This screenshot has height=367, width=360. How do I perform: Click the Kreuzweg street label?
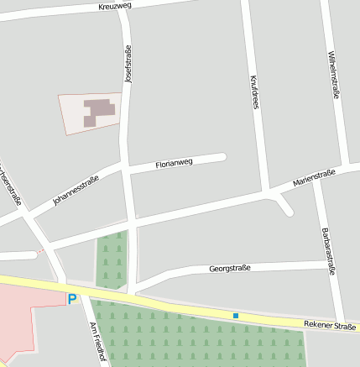click(115, 6)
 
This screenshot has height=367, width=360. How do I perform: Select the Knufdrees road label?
click(253, 92)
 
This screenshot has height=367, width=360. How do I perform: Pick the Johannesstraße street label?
click(76, 190)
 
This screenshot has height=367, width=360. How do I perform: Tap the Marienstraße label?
click(314, 177)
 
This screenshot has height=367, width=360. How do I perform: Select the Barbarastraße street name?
click(328, 250)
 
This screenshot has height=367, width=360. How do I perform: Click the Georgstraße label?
click(230, 269)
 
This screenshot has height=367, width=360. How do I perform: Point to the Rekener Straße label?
click(330, 324)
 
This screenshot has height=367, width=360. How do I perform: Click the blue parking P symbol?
click(72, 298)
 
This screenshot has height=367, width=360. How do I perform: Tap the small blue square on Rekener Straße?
click(236, 316)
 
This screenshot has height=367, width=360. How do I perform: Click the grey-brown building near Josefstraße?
click(99, 112)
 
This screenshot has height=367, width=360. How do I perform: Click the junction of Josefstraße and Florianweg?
click(128, 170)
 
